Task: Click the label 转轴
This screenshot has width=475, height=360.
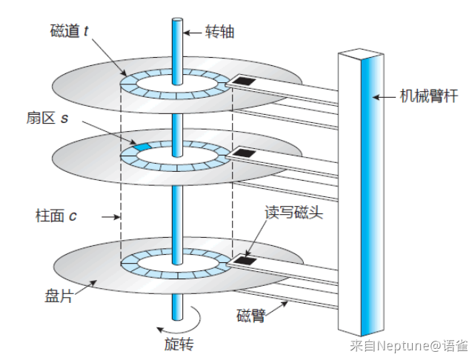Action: tap(219, 32)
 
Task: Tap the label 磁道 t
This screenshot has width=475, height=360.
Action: tap(70, 30)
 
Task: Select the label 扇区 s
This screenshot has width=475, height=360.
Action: tap(47, 118)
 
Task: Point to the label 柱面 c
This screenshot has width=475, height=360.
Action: tap(56, 216)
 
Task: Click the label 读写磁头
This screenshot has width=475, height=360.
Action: tap(293, 212)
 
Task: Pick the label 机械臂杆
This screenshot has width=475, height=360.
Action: tap(429, 96)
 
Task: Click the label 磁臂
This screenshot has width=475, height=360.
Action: tap(250, 316)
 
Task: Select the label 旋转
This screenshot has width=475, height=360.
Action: tap(179, 344)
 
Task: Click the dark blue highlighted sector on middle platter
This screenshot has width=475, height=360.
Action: tap(142, 147)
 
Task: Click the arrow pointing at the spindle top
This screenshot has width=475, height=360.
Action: tap(193, 33)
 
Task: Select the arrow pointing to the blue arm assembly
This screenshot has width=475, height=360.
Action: tap(384, 97)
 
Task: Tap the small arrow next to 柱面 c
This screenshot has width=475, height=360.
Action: tap(110, 217)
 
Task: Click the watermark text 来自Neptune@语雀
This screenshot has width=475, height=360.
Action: tap(409, 345)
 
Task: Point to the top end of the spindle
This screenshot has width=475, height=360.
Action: tap(178, 20)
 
